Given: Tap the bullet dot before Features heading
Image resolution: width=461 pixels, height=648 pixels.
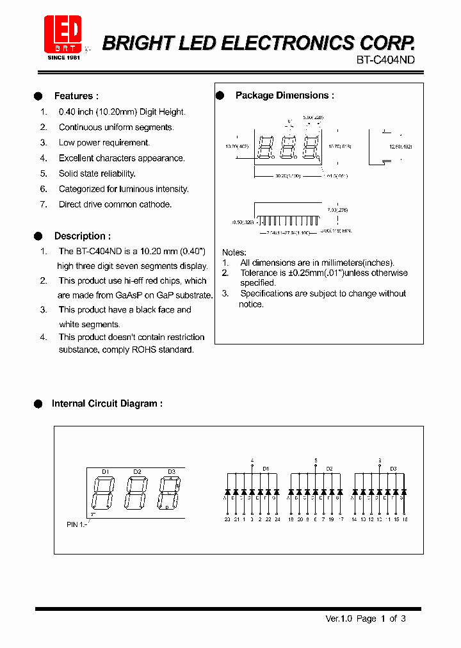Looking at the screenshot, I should click(x=38, y=96).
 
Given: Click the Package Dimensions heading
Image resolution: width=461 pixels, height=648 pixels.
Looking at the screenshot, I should click(x=284, y=95).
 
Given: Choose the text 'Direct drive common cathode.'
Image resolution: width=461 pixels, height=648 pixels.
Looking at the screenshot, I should click(x=115, y=204).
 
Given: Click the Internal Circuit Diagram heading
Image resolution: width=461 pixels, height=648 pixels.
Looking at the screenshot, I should click(x=107, y=403).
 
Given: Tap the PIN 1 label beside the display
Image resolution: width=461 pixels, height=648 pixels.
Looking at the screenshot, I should click(x=76, y=524).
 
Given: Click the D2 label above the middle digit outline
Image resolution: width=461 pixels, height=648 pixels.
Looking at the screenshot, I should click(x=137, y=472).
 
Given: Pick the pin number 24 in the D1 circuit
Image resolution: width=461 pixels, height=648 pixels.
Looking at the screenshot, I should click(x=277, y=519).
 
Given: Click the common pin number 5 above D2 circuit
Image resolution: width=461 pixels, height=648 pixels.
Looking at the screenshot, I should click(x=316, y=460).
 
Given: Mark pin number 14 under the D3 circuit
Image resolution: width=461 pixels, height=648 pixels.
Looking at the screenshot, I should click(x=354, y=519).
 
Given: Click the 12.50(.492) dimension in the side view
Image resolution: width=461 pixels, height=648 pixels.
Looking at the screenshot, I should click(x=400, y=147).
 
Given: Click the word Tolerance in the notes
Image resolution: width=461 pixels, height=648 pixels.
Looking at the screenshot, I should click(x=259, y=273).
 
